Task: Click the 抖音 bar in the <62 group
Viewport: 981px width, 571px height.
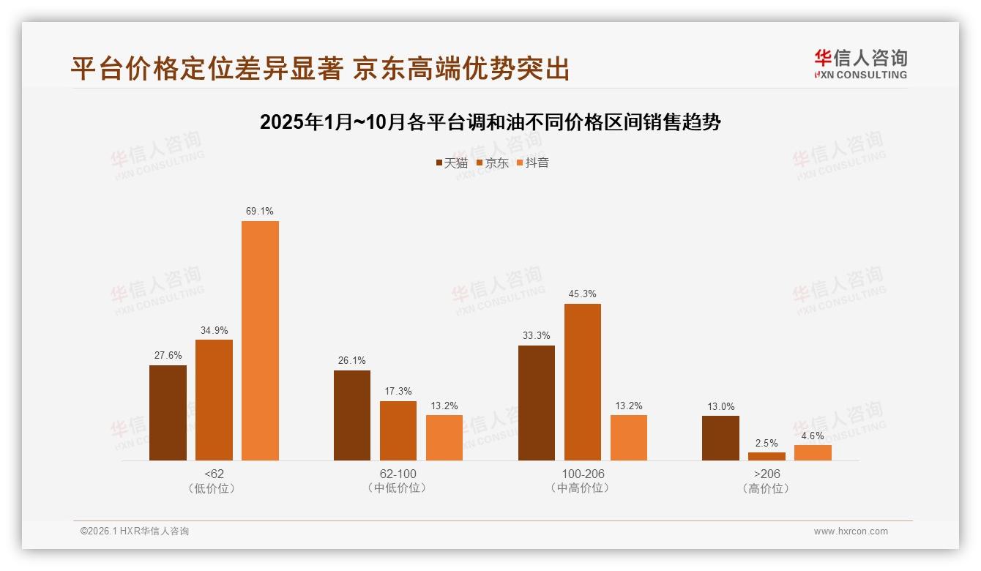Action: tap(260, 340)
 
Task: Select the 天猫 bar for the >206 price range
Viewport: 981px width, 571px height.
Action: tap(720, 438)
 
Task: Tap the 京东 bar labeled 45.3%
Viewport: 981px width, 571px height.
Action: tap(583, 381)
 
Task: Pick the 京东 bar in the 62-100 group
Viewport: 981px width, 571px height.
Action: tap(398, 430)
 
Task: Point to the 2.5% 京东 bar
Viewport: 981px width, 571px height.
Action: tap(766, 456)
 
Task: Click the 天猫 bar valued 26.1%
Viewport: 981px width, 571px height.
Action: tap(352, 415)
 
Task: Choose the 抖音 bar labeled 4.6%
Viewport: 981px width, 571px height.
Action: tap(813, 452)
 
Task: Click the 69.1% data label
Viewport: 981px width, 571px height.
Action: tap(260, 212)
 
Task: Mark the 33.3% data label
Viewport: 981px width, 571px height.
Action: tap(537, 336)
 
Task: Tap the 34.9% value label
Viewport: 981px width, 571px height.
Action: tap(214, 330)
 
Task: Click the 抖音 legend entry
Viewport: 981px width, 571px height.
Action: tap(532, 163)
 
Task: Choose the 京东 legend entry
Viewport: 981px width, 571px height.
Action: tap(492, 163)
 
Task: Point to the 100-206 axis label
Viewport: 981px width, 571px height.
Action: tap(583, 474)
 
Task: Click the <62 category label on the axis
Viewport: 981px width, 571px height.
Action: tap(214, 474)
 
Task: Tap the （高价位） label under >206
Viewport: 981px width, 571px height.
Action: tap(766, 488)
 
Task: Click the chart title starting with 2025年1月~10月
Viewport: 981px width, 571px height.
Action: tap(490, 122)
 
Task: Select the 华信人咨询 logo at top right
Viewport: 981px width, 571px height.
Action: tap(860, 64)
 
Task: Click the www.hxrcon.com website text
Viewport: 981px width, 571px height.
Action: tap(851, 531)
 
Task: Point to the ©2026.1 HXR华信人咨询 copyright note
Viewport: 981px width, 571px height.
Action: tap(135, 531)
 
